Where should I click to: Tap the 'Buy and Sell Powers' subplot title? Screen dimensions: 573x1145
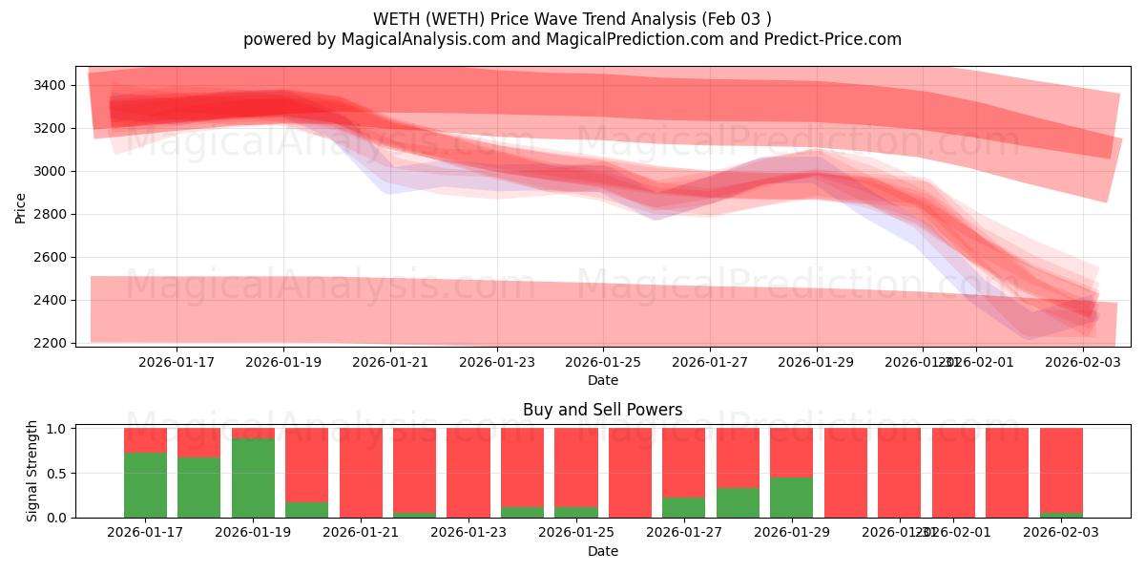tap(602, 410)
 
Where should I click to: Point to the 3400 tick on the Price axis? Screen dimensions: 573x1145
tap(48, 86)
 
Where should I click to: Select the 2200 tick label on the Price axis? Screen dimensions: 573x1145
tap(48, 343)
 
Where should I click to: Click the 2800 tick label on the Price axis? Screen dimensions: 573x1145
tap(48, 214)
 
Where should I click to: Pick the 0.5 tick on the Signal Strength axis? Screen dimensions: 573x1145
tap(56, 473)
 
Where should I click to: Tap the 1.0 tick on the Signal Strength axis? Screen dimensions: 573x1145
tap(56, 429)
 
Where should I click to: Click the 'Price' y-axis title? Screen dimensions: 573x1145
tap(21, 207)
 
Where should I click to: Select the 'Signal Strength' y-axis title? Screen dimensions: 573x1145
tap(32, 471)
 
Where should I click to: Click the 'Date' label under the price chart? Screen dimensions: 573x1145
tap(602, 380)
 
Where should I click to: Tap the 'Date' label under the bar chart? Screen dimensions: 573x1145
tap(602, 551)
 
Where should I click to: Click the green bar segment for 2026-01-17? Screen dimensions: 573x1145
tap(145, 485)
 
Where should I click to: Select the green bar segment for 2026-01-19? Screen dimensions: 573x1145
tap(253, 478)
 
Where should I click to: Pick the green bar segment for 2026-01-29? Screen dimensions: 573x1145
tap(791, 498)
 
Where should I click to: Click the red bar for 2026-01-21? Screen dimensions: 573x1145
tap(361, 473)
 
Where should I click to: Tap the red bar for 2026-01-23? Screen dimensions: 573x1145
tap(468, 473)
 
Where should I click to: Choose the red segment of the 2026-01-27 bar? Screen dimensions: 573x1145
tap(683, 462)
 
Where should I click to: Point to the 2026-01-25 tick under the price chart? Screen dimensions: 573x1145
tap(602, 362)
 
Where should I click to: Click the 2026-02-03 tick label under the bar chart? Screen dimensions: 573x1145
tap(1061, 533)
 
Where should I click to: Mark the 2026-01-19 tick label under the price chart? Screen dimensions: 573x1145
tap(283, 362)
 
